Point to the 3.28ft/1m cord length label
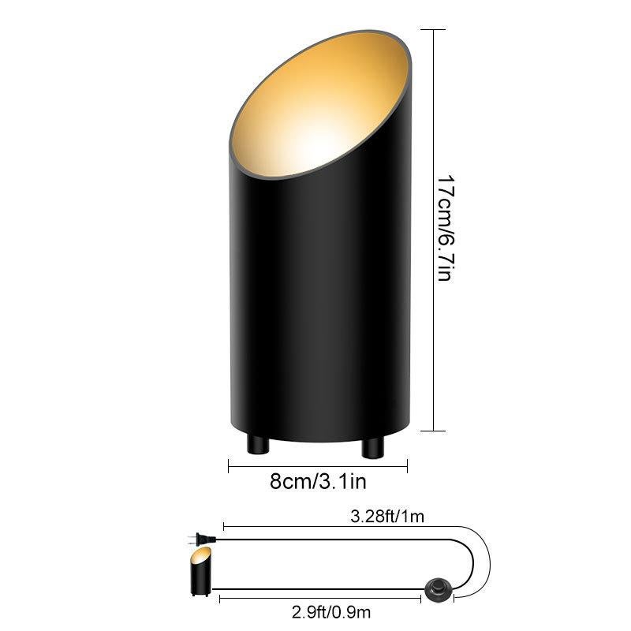(x=387, y=517)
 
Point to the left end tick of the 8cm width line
(x=229, y=466)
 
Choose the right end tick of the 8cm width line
(x=407, y=466)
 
